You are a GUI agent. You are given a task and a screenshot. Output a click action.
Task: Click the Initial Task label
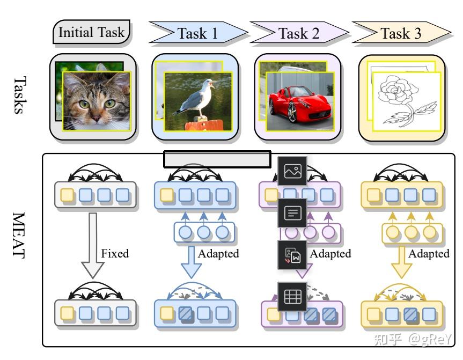click(x=92, y=32)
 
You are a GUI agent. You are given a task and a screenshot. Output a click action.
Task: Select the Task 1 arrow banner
click(x=197, y=33)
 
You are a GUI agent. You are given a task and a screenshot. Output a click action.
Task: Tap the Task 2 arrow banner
click(x=298, y=33)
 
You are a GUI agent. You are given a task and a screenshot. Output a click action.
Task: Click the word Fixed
click(x=115, y=253)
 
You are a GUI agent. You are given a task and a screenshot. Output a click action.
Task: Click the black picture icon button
click(x=292, y=171)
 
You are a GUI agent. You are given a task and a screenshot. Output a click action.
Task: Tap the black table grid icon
click(x=292, y=296)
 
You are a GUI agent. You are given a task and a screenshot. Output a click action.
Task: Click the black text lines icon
click(x=292, y=213)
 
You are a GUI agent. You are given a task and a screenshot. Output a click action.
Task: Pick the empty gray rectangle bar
click(x=217, y=159)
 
